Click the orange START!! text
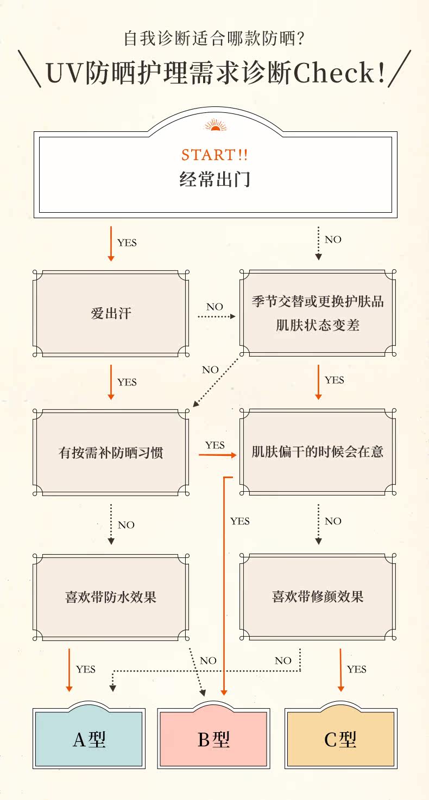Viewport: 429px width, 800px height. pyautogui.click(x=214, y=155)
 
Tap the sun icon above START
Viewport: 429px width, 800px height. pyautogui.click(x=214, y=126)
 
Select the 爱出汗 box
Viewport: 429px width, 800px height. pyautogui.click(x=111, y=313)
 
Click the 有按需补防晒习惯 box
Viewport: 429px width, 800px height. pyautogui.click(x=111, y=452)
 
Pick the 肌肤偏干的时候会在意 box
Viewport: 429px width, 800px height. pyautogui.click(x=318, y=452)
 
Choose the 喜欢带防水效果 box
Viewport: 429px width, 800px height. pyautogui.click(x=111, y=597)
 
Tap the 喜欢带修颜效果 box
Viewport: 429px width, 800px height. pyautogui.click(x=318, y=597)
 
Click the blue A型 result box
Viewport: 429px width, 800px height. pyautogui.click(x=89, y=739)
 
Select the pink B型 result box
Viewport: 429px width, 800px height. pyautogui.click(x=214, y=739)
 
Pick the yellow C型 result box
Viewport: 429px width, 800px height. pyautogui.click(x=340, y=739)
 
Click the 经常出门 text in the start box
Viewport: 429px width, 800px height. pyautogui.click(x=214, y=179)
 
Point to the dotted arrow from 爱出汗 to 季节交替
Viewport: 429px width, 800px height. pyautogui.click(x=216, y=316)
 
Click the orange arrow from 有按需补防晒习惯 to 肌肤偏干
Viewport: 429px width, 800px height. pyautogui.click(x=217, y=455)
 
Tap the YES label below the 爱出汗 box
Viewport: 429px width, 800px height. pyautogui.click(x=127, y=382)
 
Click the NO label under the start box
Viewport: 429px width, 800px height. pyautogui.click(x=333, y=239)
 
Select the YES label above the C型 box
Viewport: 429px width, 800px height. pyautogui.click(x=357, y=669)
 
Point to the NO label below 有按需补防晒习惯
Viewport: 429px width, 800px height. pyautogui.click(x=126, y=525)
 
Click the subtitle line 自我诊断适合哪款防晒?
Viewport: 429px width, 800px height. pyautogui.click(x=214, y=39)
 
